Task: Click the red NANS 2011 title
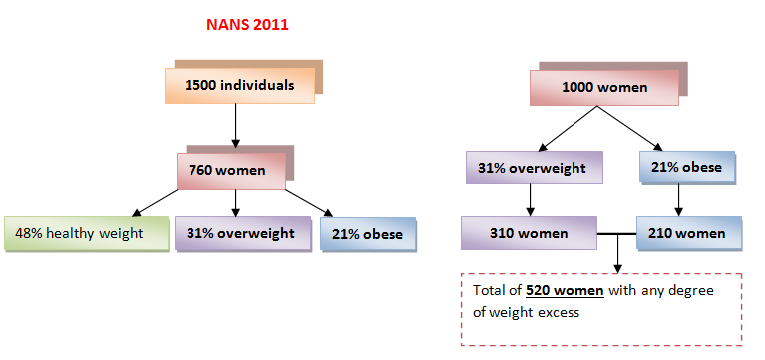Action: pyautogui.click(x=247, y=25)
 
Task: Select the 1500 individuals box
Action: pyautogui.click(x=239, y=86)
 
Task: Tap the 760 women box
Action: pyautogui.click(x=231, y=171)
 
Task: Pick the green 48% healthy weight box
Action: pyautogui.click(x=87, y=233)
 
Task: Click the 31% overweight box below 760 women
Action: pyautogui.click(x=243, y=233)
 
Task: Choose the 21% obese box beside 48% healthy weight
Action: pyautogui.click(x=368, y=234)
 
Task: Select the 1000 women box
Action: pyautogui.click(x=604, y=88)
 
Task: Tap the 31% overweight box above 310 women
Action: pyautogui.click(x=535, y=168)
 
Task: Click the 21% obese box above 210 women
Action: pyautogui.click(x=686, y=168)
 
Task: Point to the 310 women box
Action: pyautogui.click(x=529, y=233)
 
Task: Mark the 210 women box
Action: pyautogui.click(x=689, y=233)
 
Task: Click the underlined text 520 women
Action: pyautogui.click(x=565, y=291)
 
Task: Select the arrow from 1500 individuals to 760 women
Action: pyautogui.click(x=235, y=126)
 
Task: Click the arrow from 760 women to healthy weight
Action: pyautogui.click(x=155, y=202)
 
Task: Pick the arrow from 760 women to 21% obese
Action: pyautogui.click(x=309, y=202)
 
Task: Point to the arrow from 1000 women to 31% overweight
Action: pyautogui.click(x=568, y=128)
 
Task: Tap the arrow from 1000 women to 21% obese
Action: pyautogui.click(x=630, y=128)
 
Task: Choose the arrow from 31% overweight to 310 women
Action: pyautogui.click(x=530, y=200)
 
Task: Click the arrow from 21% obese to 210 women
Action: pyautogui.click(x=678, y=200)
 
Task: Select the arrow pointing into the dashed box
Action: pyautogui.click(x=617, y=253)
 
